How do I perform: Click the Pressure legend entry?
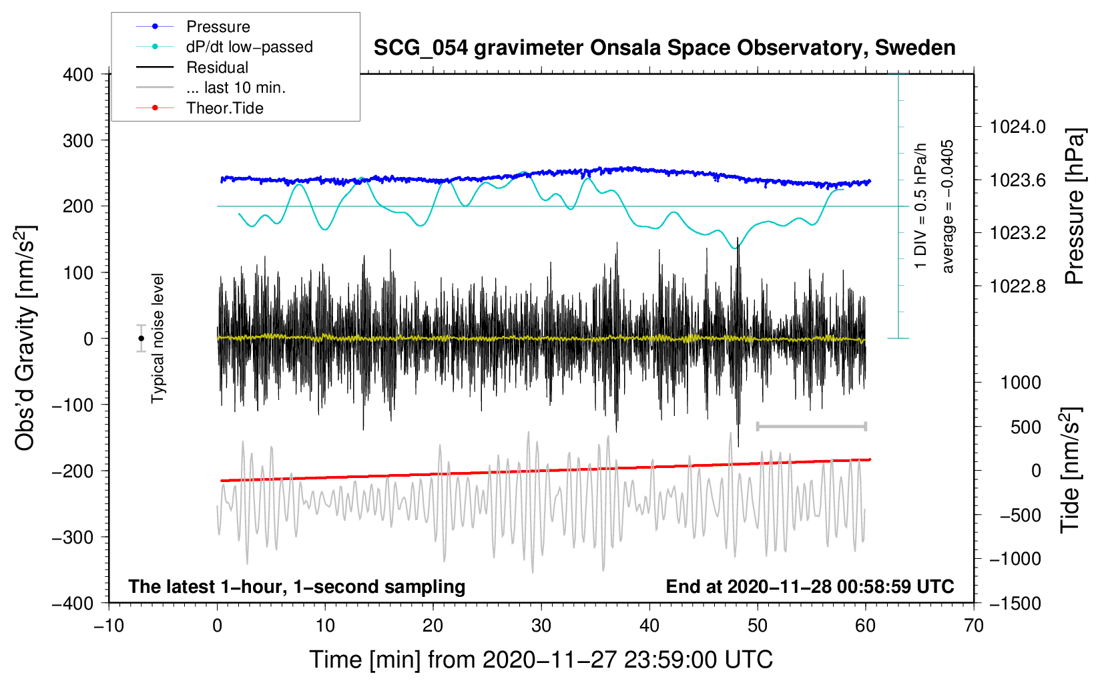194,26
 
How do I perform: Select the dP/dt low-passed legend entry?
224,47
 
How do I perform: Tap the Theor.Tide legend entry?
200,108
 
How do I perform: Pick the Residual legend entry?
192,67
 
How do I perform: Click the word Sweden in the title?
915,48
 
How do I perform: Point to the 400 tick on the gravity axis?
78,75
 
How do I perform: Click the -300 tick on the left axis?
73,537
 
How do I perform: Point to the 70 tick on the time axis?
974,626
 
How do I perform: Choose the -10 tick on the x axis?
109,626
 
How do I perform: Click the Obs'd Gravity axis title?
24,338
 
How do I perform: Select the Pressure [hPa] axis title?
1075,206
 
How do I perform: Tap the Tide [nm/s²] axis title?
1071,470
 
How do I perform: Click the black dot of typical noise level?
141,338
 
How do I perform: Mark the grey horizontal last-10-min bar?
811,426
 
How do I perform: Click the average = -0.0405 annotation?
947,206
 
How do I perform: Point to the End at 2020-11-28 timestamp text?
810,587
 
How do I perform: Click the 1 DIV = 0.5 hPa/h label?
920,206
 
